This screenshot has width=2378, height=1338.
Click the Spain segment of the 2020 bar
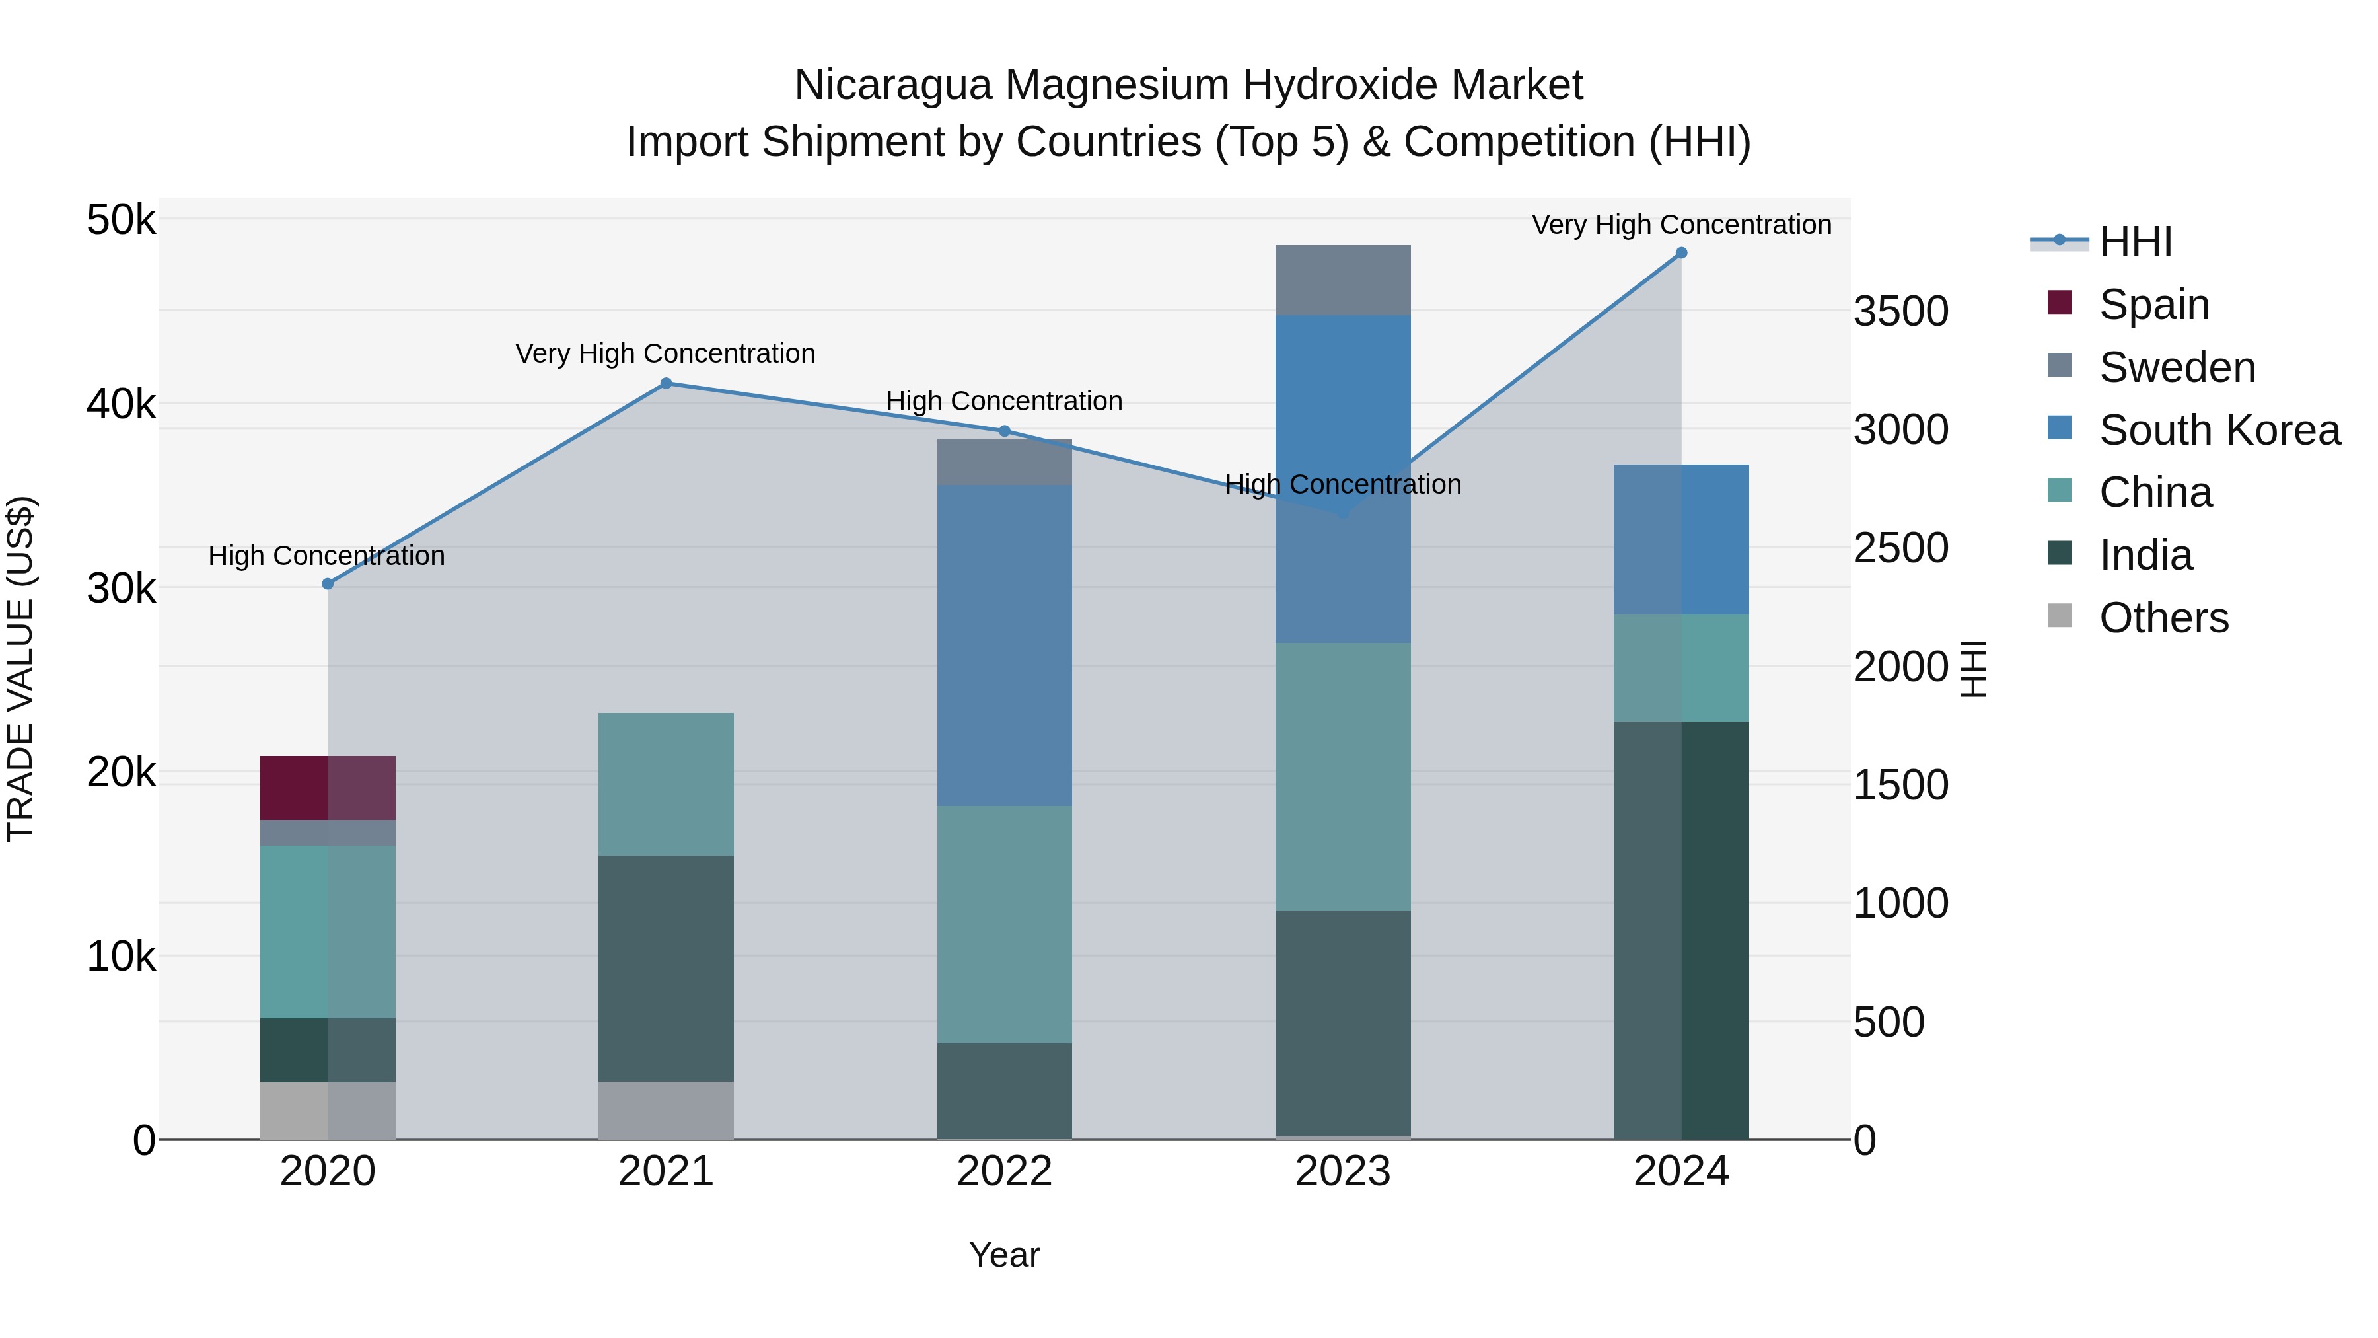328,788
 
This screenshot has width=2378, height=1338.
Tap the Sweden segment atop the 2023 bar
1343,279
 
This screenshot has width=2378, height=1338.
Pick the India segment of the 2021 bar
666,968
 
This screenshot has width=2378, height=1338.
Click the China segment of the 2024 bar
1681,667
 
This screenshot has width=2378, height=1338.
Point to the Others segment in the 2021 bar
666,1110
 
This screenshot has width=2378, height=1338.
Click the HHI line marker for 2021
666,383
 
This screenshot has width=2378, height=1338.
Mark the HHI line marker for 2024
1681,253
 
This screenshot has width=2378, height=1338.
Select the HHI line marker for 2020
328,583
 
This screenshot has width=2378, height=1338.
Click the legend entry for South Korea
2219,430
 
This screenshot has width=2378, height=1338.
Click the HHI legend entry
2135,242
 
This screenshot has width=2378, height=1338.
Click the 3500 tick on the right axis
1900,312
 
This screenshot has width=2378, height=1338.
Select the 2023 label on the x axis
1343,1171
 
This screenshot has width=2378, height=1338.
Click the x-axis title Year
1004,1255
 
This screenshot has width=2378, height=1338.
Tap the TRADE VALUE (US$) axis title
20,669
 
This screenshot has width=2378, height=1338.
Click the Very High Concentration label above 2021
666,353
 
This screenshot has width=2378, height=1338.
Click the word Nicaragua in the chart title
892,85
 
